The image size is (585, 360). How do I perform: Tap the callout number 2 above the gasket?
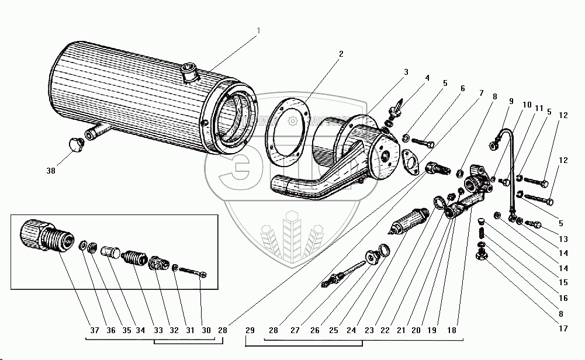point(341,54)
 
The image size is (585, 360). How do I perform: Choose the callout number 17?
point(563,329)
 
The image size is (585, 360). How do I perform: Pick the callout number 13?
point(563,238)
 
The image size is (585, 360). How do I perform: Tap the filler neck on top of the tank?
point(190,74)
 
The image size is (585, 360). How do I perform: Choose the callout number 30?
point(206,330)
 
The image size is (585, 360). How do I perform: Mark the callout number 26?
point(316,330)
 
